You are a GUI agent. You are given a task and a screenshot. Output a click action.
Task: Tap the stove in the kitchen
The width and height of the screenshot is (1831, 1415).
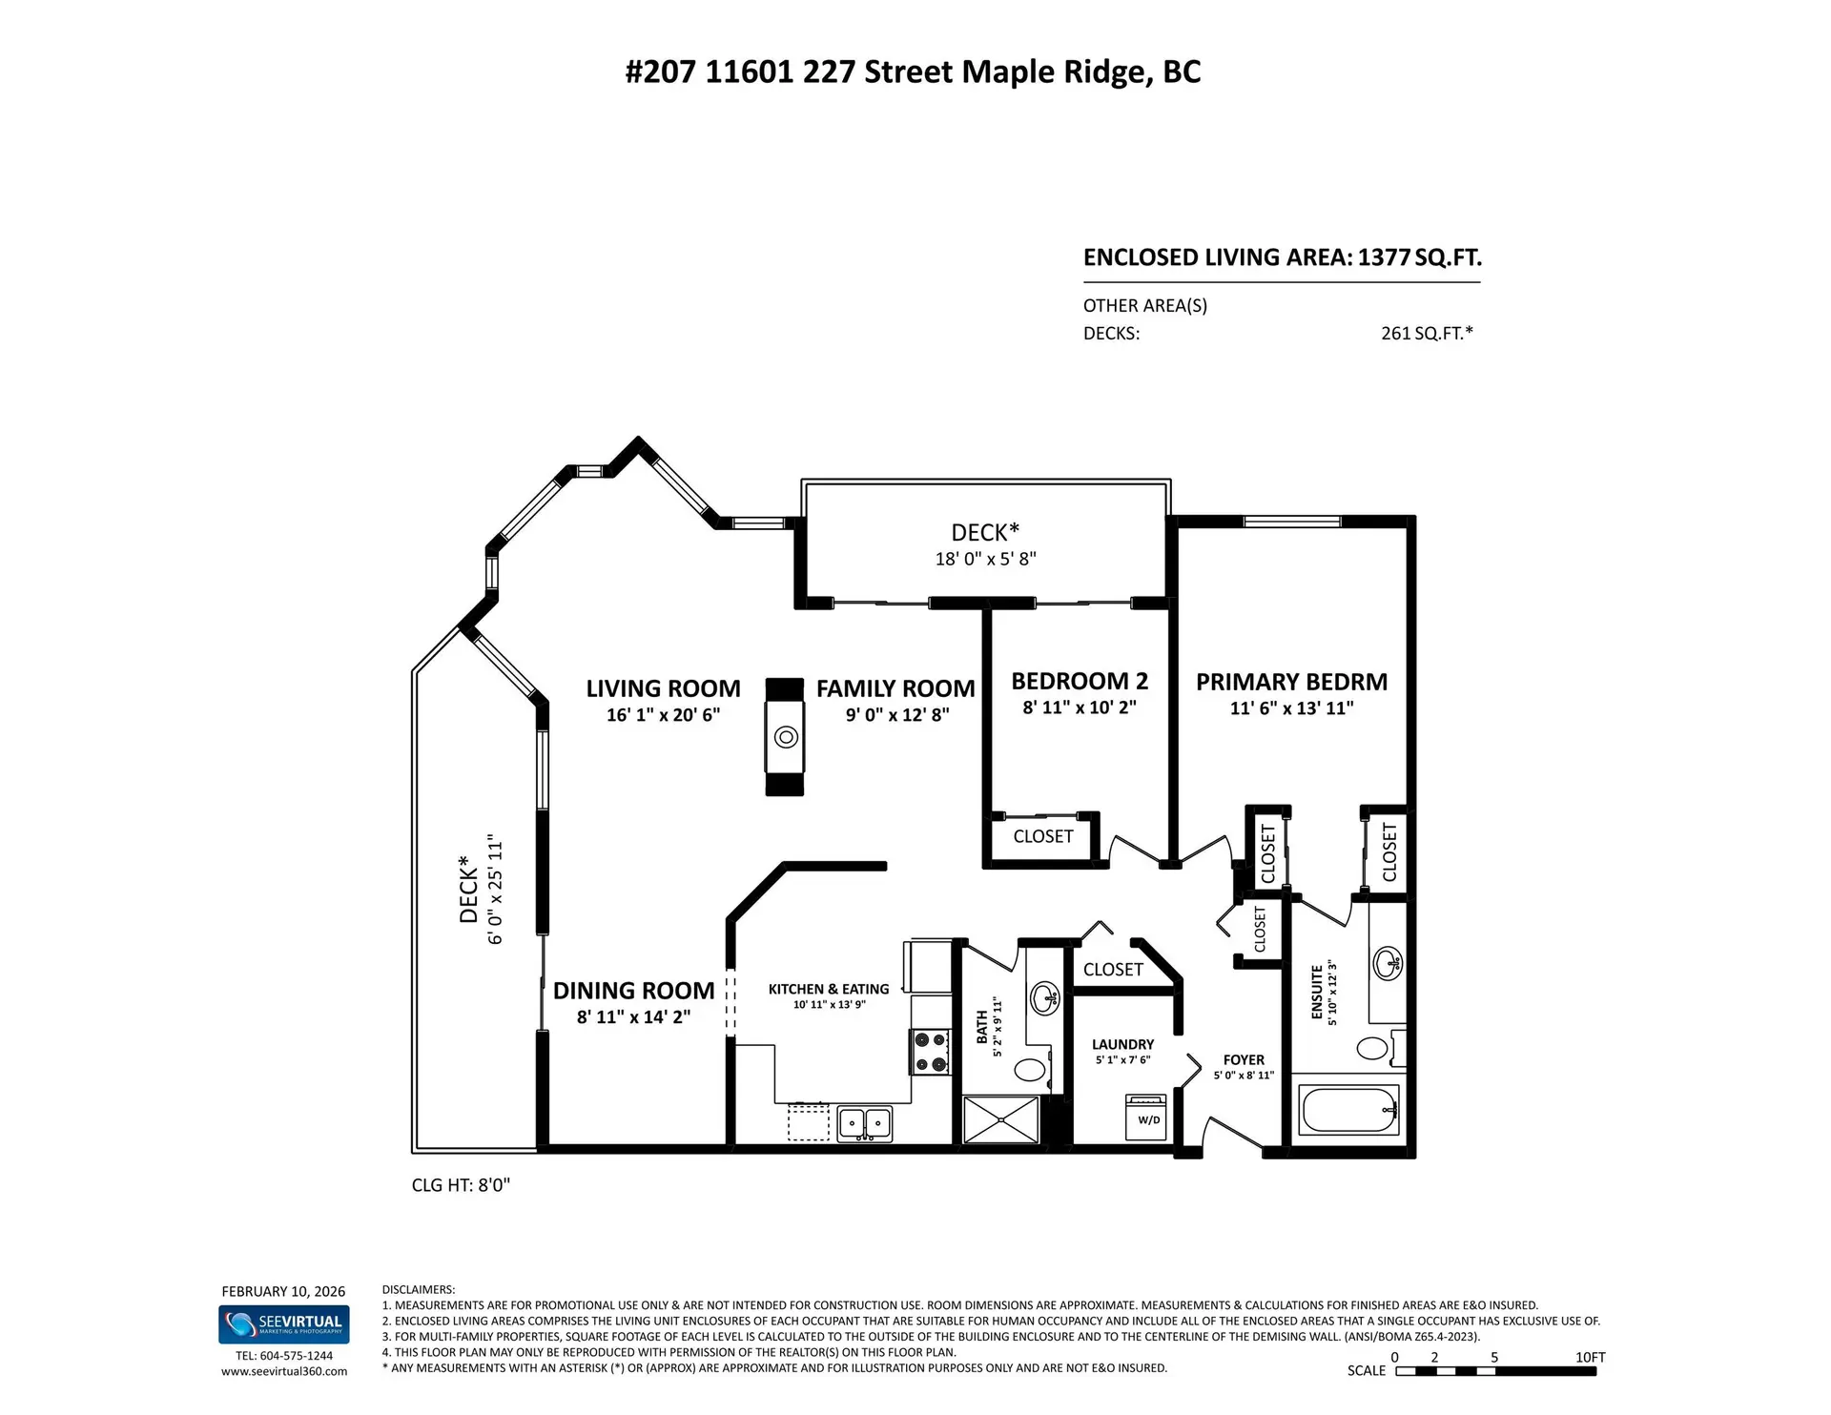[x=931, y=1052]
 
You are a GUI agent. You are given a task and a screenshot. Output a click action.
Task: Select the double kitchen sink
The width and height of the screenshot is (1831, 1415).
[x=865, y=1122]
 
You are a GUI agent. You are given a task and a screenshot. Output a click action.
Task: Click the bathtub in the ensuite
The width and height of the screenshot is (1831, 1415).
[x=1349, y=1110]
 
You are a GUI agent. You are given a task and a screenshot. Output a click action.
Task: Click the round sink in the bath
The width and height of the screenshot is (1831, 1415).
[x=1044, y=998]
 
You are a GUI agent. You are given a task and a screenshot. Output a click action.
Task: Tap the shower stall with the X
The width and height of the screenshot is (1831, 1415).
[x=1000, y=1119]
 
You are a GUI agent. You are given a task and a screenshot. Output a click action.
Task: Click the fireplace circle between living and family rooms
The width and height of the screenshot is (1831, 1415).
[x=786, y=736]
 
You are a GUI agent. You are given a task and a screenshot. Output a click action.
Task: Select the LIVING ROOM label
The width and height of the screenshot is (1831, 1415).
[x=663, y=688]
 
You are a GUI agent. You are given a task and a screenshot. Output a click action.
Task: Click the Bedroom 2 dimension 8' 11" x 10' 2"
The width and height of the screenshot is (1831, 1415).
[x=1080, y=707]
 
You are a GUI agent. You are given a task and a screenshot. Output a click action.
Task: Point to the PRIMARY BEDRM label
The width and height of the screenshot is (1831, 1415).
[x=1291, y=682]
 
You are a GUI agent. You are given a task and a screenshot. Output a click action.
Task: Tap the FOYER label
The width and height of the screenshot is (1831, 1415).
[x=1244, y=1060]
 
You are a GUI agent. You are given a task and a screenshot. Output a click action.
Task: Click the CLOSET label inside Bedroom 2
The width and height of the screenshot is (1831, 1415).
[x=1043, y=836]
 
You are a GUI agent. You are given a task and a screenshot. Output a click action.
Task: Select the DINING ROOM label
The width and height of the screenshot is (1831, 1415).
[x=633, y=991]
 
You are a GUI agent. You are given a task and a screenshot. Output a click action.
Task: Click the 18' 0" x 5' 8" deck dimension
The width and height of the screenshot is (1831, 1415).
[x=985, y=559]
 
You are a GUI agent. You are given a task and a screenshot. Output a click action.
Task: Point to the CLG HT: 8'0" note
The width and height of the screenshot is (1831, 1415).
[x=461, y=1185]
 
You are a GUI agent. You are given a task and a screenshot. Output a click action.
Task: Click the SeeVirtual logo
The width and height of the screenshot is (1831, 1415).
[x=284, y=1324]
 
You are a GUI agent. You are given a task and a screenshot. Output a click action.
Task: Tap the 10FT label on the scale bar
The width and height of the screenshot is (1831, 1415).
[x=1590, y=1357]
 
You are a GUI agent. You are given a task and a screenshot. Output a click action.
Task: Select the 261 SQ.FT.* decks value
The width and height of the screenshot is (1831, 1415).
[x=1427, y=333]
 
